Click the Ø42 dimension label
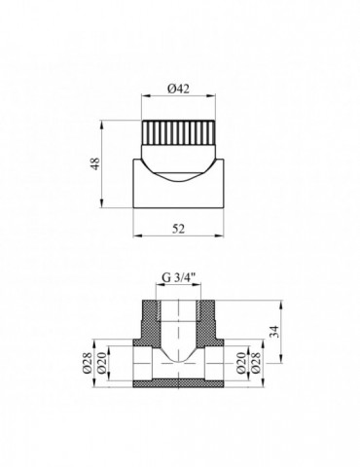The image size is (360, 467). [x=177, y=89]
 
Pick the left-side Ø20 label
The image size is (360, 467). [x=98, y=363]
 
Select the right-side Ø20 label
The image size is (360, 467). [x=255, y=363]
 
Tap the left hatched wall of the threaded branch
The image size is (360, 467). [x=150, y=316]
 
